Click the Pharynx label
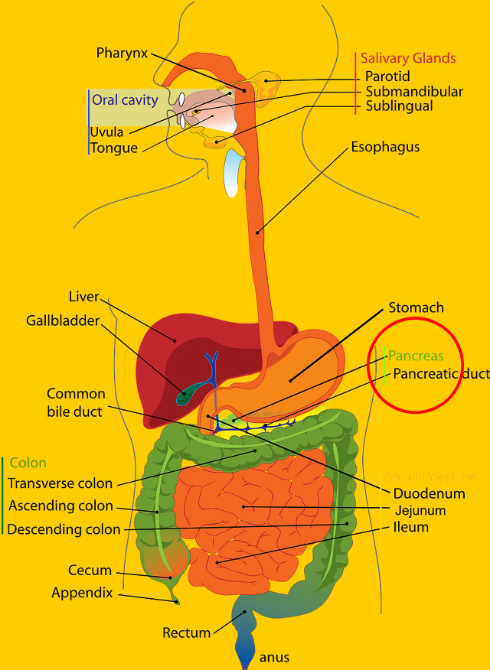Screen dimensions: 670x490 (122, 53)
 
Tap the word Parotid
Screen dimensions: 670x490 (387, 76)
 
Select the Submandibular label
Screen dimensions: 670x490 (413, 92)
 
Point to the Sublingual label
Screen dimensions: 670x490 (399, 106)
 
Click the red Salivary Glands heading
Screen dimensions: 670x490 (408, 58)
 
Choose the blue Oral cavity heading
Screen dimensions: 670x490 (125, 99)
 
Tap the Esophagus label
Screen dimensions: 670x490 (385, 147)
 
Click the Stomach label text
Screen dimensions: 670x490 (416, 307)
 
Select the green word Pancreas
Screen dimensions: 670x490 (416, 356)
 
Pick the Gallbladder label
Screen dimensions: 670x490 (63, 320)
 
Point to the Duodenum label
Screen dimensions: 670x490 (419, 493)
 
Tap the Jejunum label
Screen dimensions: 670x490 (420, 510)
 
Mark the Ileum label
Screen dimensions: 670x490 (411, 527)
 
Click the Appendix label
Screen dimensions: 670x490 (82, 593)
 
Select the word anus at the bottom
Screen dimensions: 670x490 (274, 657)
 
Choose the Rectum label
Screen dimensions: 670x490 (186, 633)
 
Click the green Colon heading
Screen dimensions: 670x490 (28, 463)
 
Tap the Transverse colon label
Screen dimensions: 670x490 (60, 483)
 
